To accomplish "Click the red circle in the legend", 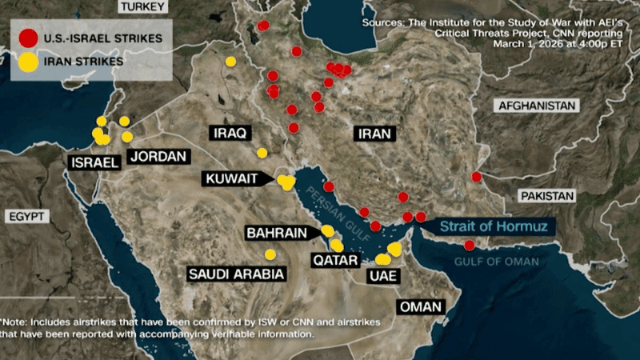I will coord(29,38).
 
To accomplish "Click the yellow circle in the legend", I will coord(29,61).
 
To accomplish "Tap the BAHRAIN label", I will coord(277,234).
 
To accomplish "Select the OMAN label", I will coord(420,307).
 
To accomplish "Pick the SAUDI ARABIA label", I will coord(237,274).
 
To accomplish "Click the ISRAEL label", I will coord(94,163).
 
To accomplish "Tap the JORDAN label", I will coord(157,157).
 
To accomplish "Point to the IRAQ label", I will coord(229,132).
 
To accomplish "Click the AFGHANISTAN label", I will coord(538,106).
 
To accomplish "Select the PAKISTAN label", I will coord(548,196).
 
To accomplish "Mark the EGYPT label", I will coord(27,217).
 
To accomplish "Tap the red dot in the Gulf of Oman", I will coord(469,246).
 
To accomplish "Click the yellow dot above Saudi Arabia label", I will coord(270,254).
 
